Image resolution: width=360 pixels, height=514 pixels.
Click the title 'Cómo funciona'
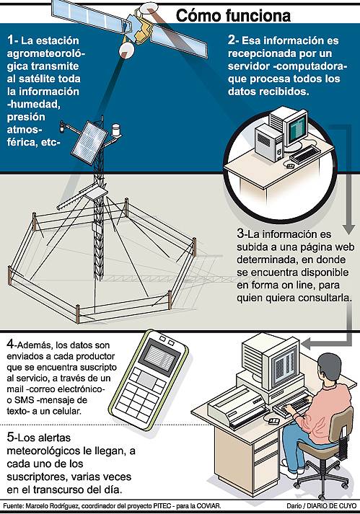coord(233,15)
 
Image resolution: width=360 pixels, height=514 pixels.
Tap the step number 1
coord(11,40)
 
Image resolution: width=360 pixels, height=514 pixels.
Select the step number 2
coord(232,40)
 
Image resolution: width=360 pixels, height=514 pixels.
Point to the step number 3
coord(240,234)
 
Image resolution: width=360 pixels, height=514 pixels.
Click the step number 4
coord(11,344)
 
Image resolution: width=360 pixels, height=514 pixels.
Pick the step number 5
coord(11,437)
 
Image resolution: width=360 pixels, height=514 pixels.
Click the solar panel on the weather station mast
coord(89,143)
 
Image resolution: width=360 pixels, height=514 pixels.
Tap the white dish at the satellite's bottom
coord(126,50)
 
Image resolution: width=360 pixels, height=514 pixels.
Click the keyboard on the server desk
coord(305,154)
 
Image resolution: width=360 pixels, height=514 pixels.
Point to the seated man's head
coord(330,368)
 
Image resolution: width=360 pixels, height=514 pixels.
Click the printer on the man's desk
coord(237,406)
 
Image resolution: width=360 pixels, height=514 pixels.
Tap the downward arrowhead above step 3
coord(349,229)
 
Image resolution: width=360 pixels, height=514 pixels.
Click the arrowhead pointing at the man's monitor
coord(306,344)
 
